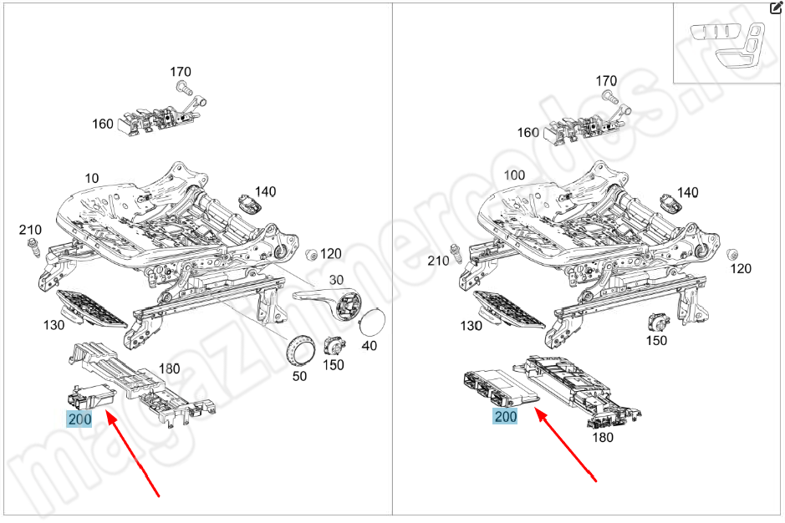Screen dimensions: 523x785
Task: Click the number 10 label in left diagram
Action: [x=91, y=178]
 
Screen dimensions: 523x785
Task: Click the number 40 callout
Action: [x=369, y=345]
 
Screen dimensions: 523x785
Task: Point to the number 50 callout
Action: [x=299, y=376]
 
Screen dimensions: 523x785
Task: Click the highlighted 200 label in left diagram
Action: [x=79, y=418]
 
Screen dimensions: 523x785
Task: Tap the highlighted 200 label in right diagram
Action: [x=506, y=417]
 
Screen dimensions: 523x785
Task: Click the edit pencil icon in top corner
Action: [x=775, y=8]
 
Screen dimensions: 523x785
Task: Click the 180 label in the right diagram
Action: [x=602, y=437]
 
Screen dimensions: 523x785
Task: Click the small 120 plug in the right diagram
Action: [x=732, y=253]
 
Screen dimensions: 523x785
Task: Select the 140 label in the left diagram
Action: [x=265, y=191]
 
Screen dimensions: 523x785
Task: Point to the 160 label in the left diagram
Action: [x=102, y=124]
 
